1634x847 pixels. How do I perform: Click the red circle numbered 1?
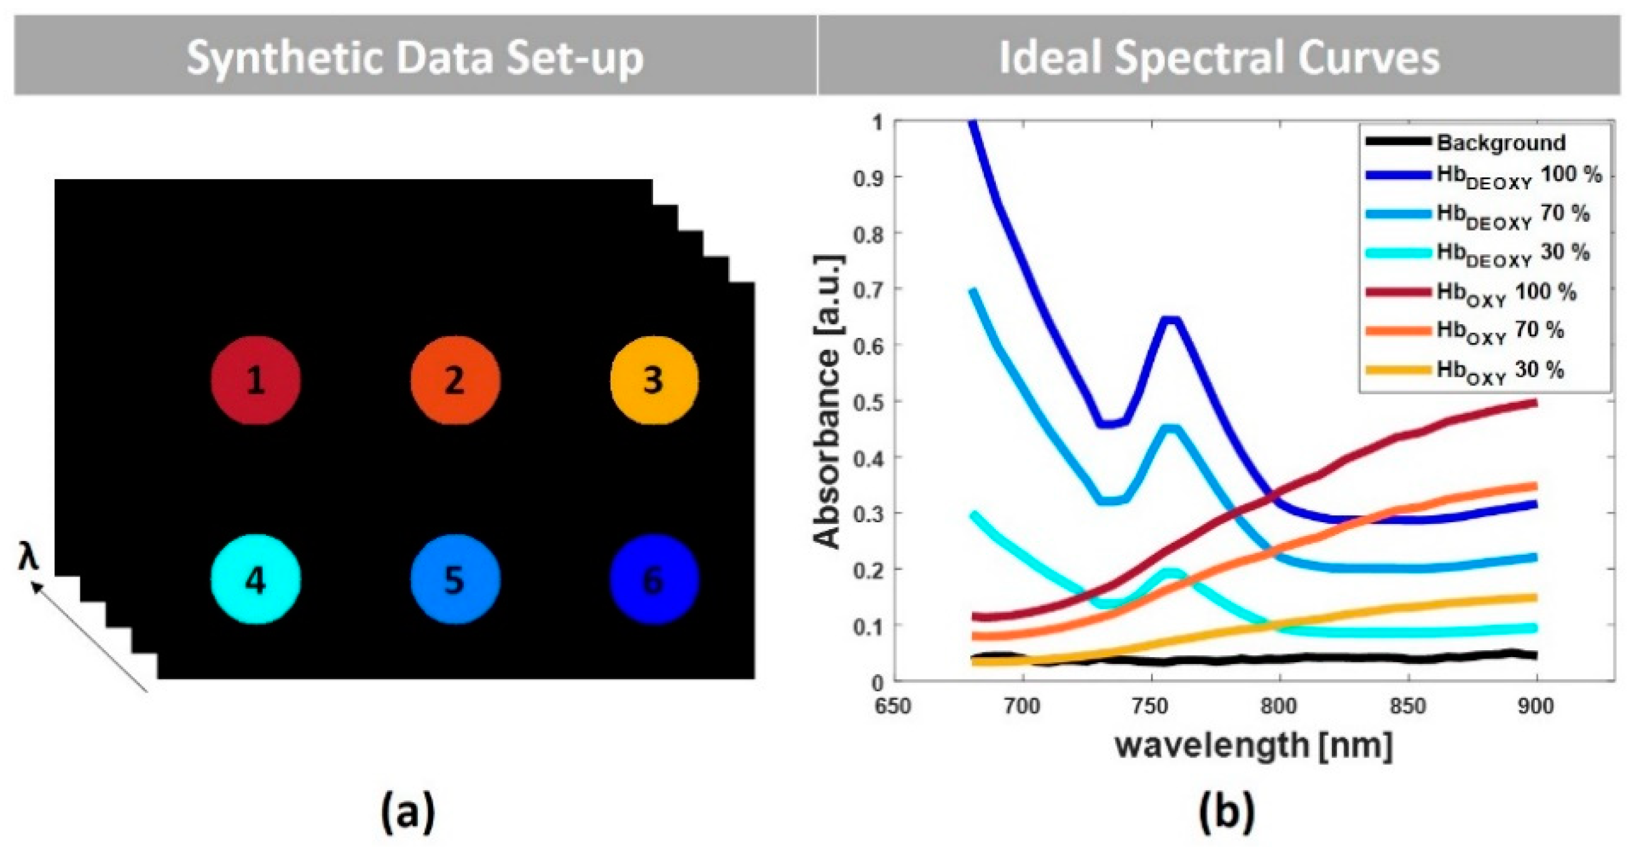click(255, 380)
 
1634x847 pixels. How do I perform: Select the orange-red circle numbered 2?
click(455, 380)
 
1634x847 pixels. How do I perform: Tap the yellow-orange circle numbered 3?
click(654, 380)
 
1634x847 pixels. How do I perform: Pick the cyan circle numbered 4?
click(255, 579)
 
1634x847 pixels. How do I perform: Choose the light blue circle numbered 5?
click(455, 579)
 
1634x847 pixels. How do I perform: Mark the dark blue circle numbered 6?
click(654, 579)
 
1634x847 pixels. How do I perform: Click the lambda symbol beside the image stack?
click(28, 558)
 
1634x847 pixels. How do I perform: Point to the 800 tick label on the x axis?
click(1277, 705)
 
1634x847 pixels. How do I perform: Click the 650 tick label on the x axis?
click(892, 705)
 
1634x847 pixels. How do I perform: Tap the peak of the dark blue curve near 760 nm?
click(1169, 321)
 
